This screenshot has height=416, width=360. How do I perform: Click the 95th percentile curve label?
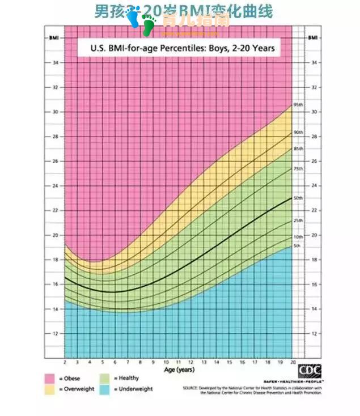click(298, 105)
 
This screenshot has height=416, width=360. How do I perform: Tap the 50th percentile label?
click(298, 198)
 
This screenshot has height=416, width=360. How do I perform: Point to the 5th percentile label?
click(297, 246)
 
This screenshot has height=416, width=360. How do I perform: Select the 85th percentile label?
click(298, 148)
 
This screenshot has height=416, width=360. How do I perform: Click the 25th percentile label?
click(298, 220)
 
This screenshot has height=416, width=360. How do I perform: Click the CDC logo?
click(309, 371)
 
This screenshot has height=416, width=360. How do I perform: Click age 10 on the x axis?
click(166, 362)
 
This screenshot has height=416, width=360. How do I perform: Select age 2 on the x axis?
click(65, 362)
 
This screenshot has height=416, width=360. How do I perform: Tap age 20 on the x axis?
click(293, 362)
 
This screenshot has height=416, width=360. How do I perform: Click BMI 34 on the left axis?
click(55, 62)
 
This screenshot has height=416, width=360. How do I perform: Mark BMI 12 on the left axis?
click(55, 333)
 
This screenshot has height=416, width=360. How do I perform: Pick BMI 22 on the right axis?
click(314, 210)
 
